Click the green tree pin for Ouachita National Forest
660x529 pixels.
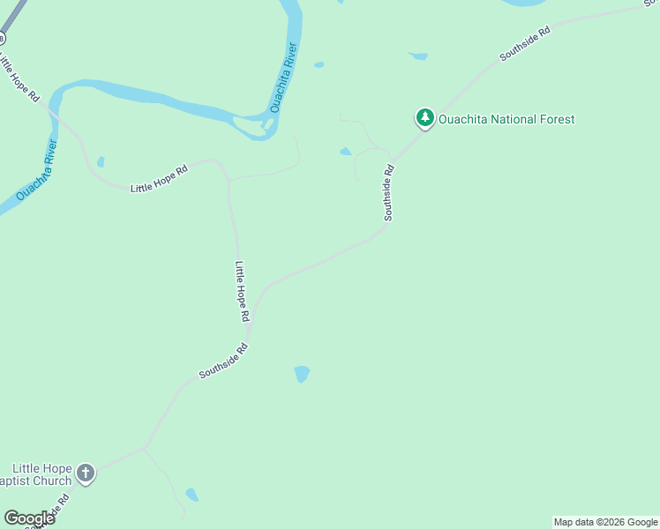pos(424,117)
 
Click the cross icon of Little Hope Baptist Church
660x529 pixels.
pos(86,473)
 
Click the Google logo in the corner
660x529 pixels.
pos(29,518)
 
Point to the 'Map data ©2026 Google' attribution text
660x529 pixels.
pos(605,522)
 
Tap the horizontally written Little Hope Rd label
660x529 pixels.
pos(160,182)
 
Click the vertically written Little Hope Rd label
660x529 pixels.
pos(243,290)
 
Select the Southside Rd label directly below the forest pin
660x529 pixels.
pos(387,192)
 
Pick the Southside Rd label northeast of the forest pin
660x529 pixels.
pos(525,43)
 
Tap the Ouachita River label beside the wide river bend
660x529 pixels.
pos(284,79)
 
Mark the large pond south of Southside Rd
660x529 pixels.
pos(302,374)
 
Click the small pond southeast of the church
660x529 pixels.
pos(191,495)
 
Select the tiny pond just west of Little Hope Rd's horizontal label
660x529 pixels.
pos(101,161)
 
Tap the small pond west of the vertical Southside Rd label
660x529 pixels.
pos(345,152)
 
